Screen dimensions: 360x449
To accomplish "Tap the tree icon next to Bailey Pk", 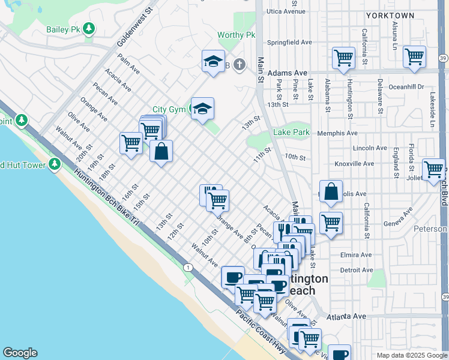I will pyautogui.click(x=89, y=28).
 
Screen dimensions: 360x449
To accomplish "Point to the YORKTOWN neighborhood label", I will pyautogui.click(x=390, y=15).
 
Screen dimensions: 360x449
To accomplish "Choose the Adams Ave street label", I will pyautogui.click(x=287, y=73).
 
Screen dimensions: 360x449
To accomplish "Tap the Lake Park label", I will pyautogui.click(x=291, y=132).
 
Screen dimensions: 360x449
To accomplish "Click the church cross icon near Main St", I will pyautogui.click(x=239, y=64).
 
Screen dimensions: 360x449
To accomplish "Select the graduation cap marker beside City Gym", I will pyautogui.click(x=203, y=109).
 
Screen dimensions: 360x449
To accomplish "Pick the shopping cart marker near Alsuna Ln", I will pyautogui.click(x=415, y=57).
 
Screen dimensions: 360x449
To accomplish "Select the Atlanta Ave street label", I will pyautogui.click(x=346, y=316).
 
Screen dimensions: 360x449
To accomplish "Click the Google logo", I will pyautogui.click(x=20, y=353).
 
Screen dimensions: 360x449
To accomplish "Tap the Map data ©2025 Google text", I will pyautogui.click(x=411, y=355).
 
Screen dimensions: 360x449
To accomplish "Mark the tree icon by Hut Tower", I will pyautogui.click(x=55, y=163).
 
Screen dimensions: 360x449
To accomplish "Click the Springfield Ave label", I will pyautogui.click(x=290, y=43).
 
